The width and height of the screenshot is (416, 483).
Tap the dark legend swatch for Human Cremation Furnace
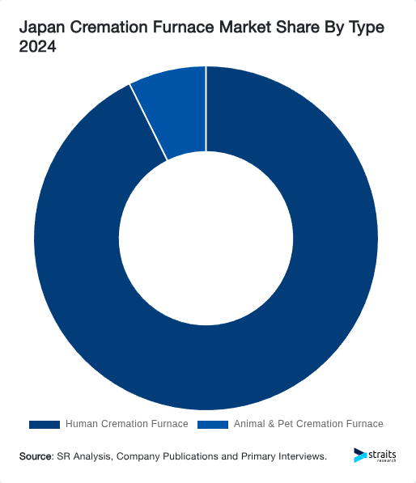point(45,424)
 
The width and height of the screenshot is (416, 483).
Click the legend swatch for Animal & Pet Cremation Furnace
point(213,424)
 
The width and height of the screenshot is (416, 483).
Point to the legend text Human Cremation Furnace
point(126,424)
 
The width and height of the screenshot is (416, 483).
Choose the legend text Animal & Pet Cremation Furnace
point(308,424)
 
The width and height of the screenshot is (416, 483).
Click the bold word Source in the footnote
point(36,457)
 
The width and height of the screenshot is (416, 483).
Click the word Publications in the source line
point(190,457)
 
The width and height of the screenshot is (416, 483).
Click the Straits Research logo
point(375,455)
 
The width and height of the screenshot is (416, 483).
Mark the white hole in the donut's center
point(206,239)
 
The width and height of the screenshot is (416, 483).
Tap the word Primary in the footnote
point(258,457)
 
